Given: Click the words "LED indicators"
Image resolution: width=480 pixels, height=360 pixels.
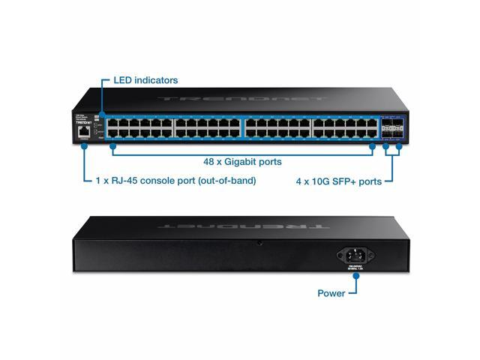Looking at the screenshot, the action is click(145, 79).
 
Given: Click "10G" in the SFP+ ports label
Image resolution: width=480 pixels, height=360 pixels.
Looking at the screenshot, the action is click(330, 181).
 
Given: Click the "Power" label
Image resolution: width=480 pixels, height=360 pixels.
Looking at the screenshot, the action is click(331, 293).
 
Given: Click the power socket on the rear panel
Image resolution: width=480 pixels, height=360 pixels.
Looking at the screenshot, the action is click(358, 253).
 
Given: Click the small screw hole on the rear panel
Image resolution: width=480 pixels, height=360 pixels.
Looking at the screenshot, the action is click(259, 244).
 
